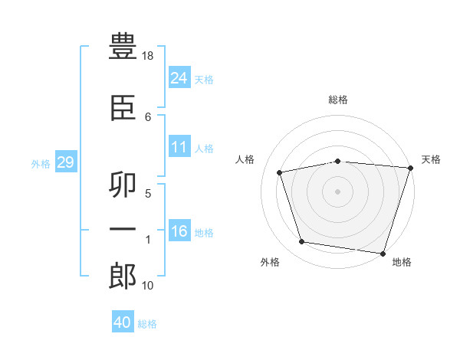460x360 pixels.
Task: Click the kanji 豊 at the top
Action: [x=123, y=48]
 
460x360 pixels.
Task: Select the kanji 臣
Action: [x=123, y=108]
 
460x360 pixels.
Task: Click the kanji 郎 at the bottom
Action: [x=123, y=277]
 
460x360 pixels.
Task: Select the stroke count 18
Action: [x=149, y=57]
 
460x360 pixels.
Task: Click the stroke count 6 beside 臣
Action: [x=148, y=116]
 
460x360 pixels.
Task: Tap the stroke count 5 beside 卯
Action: [x=148, y=193]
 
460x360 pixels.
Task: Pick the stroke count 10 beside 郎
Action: [x=149, y=286]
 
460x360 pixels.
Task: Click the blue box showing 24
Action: [x=179, y=77]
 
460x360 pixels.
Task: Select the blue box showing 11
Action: [x=179, y=147]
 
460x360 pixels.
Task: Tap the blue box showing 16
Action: [x=179, y=231]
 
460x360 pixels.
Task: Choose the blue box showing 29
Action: [x=65, y=162]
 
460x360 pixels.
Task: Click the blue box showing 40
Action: [x=123, y=322]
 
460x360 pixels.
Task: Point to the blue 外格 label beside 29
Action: [x=41, y=163]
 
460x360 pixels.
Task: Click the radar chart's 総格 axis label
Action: [x=338, y=100]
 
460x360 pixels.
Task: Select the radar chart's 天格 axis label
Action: [x=431, y=159]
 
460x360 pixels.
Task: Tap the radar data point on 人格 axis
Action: [x=280, y=172]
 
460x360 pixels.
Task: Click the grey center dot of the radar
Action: [x=338, y=191]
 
